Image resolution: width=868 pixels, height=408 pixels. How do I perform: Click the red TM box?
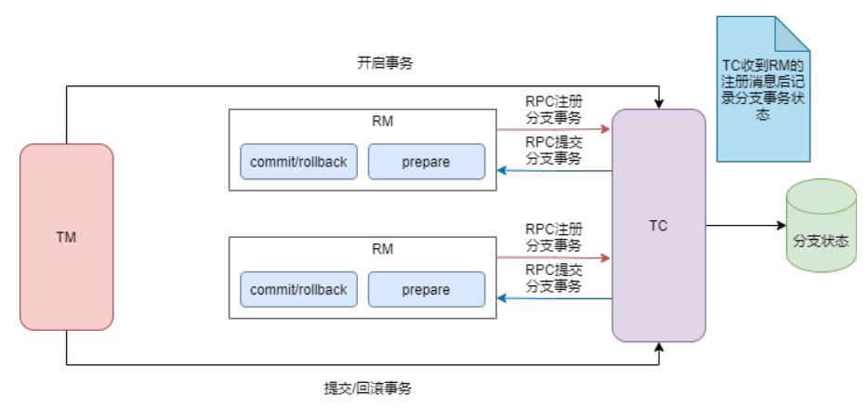(66, 237)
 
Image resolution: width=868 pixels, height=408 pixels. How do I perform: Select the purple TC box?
(658, 225)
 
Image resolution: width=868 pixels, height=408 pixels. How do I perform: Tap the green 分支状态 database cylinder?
(821, 225)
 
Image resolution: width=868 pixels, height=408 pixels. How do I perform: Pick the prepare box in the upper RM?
(427, 162)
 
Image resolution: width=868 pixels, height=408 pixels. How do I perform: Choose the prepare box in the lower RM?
(427, 289)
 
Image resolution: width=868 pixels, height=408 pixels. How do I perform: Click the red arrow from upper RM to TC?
(552, 130)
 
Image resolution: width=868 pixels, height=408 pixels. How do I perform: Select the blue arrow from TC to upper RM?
(552, 170)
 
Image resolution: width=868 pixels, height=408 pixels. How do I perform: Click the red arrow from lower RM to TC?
(552, 257)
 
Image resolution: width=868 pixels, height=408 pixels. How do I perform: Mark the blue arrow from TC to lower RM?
(552, 297)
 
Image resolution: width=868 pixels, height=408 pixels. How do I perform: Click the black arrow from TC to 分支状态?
(743, 225)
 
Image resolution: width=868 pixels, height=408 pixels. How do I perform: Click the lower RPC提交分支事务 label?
(554, 277)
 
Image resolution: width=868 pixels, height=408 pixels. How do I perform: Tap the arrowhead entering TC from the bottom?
(659, 348)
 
